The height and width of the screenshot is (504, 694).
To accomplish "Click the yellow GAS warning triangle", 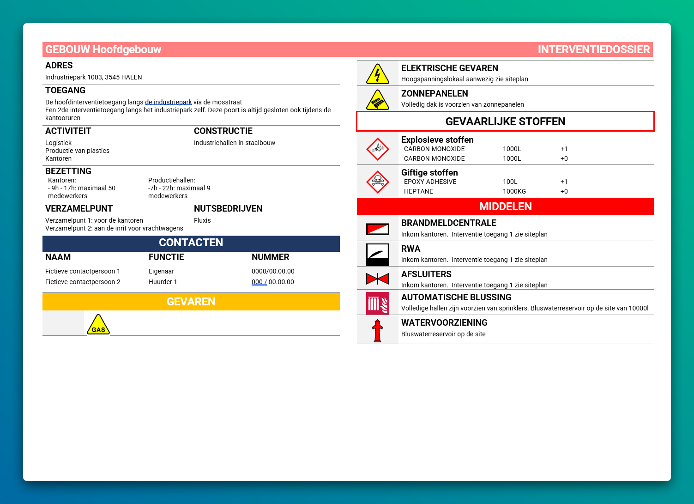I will [x=98, y=325].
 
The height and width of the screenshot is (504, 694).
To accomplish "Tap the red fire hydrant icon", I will [x=378, y=331].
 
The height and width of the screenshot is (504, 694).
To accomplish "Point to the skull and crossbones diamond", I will [x=378, y=182].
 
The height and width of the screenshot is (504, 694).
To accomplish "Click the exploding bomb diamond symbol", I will [x=378, y=149].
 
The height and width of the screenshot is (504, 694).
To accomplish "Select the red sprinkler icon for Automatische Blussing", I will [x=378, y=303].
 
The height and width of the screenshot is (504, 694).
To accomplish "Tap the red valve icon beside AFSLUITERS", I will [x=378, y=279].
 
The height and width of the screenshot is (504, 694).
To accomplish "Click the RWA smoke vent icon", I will [x=378, y=255].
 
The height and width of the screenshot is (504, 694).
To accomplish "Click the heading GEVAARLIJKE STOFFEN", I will [x=505, y=121].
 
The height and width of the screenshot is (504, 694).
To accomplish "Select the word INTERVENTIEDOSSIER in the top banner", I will [x=593, y=49].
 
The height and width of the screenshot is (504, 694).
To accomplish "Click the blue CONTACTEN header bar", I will [x=191, y=243].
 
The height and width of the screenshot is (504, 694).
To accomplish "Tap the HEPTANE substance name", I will [x=418, y=191].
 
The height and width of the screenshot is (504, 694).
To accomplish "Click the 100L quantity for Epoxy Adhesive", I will [x=510, y=182].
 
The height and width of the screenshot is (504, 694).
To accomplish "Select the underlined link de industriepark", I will [x=168, y=102].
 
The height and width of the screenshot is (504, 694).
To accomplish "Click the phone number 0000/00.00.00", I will [x=273, y=271].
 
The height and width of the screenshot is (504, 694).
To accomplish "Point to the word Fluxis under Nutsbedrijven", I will [x=202, y=220].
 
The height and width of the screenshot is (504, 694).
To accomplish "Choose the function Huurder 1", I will [x=163, y=282].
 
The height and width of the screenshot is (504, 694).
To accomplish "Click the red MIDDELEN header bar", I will [x=505, y=206].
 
